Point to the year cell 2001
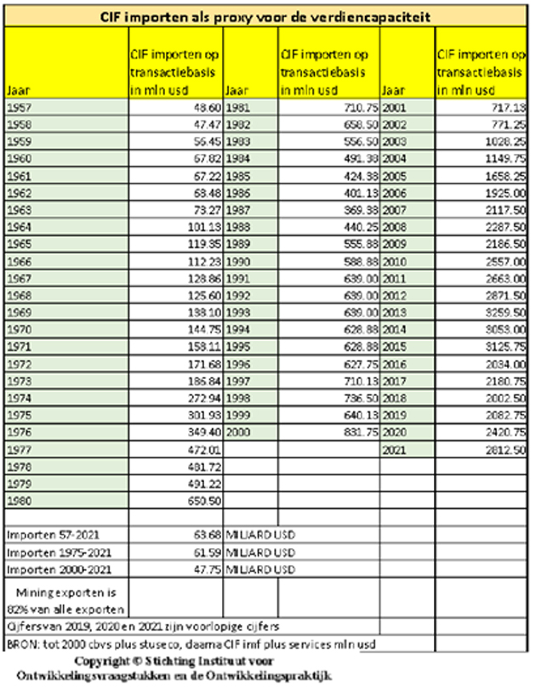[396, 108]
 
